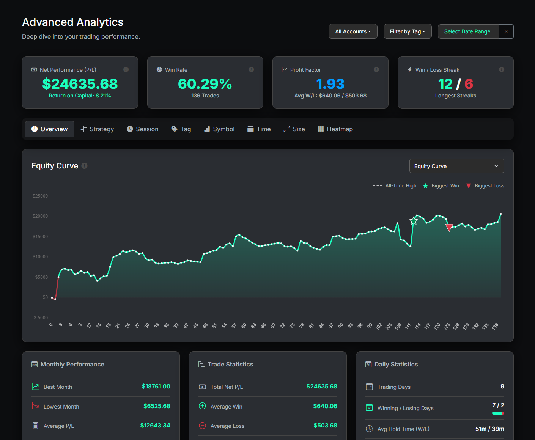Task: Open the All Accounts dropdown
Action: pos(353,31)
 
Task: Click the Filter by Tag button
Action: pos(408,31)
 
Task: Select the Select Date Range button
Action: pos(467,31)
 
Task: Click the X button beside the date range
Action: pos(506,31)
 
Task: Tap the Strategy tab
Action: pos(98,129)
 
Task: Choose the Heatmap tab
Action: pos(335,129)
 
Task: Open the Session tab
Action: pos(143,129)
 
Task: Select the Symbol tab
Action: pos(219,129)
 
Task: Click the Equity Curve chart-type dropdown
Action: pos(456,166)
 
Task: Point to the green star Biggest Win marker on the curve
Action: pos(414,221)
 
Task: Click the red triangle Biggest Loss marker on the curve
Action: pos(449,228)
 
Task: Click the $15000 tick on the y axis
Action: pos(40,237)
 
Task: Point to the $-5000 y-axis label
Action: pos(41,318)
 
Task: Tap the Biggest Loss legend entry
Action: pos(485,186)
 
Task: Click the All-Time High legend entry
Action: pos(395,186)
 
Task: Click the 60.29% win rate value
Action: pos(205,84)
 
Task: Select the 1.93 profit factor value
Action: pos(330,84)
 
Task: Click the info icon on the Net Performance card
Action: pos(126,69)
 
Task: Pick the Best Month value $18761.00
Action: pos(156,386)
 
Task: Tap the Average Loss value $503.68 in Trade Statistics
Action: pos(325,426)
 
